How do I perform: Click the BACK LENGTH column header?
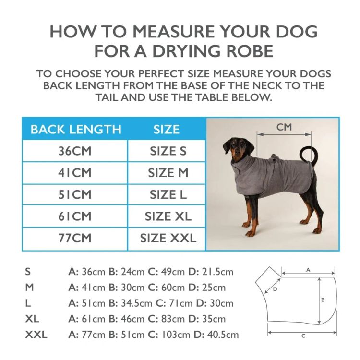pyautogui.click(x=76, y=129)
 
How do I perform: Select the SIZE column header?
pyautogui.click(x=167, y=129)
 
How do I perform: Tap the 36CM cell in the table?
pyautogui.click(x=75, y=151)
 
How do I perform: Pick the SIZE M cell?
pyautogui.click(x=168, y=173)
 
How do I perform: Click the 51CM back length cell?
pyautogui.click(x=75, y=195)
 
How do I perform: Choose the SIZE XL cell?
pyautogui.click(x=168, y=216)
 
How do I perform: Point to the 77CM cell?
pyautogui.click(x=75, y=238)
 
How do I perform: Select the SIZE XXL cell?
pyautogui.click(x=168, y=238)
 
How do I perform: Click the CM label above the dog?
pyautogui.click(x=284, y=127)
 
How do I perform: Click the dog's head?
pyautogui.click(x=237, y=149)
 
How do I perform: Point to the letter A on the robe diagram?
pyautogui.click(x=308, y=270)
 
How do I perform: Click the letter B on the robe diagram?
pyautogui.click(x=323, y=300)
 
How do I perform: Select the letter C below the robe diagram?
pyautogui.click(x=303, y=336)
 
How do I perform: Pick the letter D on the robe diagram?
pyautogui.click(x=275, y=289)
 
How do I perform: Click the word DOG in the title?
pyautogui.click(x=297, y=32)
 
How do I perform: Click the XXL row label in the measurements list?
pyautogui.click(x=36, y=335)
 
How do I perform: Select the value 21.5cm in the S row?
pyautogui.click(x=217, y=272)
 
